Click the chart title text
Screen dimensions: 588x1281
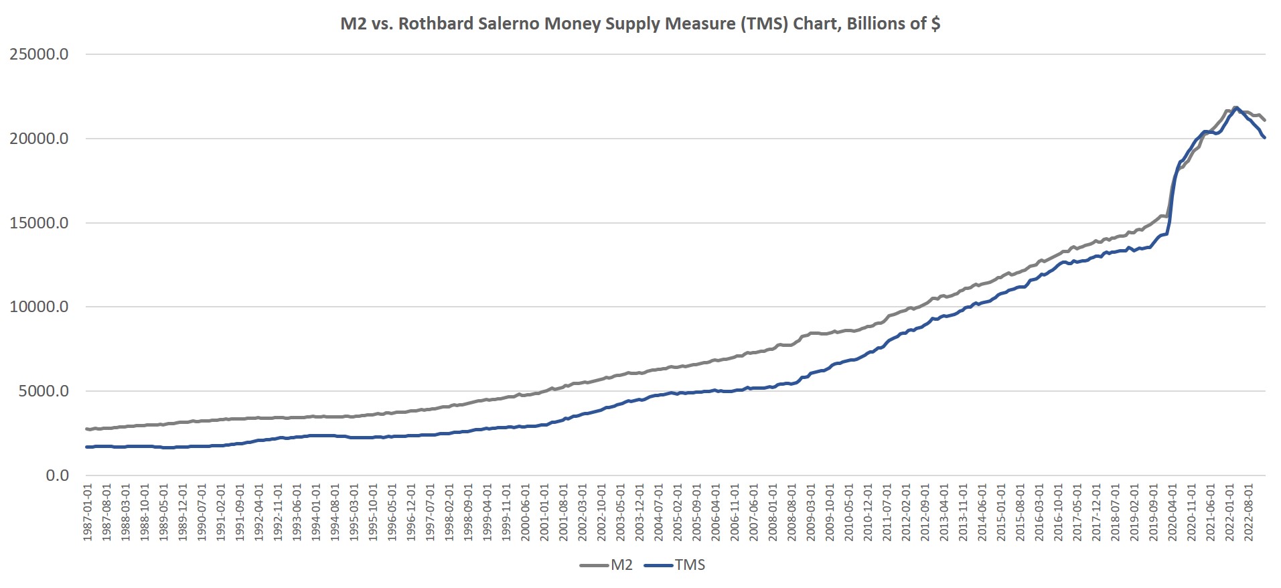tap(640, 24)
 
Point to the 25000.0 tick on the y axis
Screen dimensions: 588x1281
tap(39, 55)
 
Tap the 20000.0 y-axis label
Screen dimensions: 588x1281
tap(39, 139)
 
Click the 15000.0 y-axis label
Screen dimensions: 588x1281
tap(39, 224)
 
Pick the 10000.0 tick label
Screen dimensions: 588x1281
tap(39, 307)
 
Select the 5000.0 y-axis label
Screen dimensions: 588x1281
tap(44, 392)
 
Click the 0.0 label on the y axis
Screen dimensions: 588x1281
tap(57, 476)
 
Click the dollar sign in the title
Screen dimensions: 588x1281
tap(935, 24)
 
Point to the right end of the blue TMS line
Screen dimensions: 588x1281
tap(1264, 137)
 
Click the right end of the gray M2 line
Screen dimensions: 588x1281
tap(1264, 121)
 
